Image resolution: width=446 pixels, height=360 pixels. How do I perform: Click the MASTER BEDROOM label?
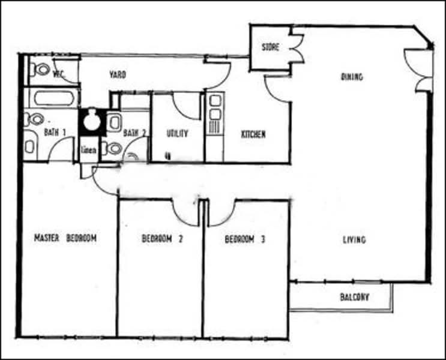tap(65, 238)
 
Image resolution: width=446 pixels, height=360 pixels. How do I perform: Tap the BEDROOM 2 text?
tap(161, 239)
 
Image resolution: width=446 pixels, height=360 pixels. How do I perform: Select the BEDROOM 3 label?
tap(244, 239)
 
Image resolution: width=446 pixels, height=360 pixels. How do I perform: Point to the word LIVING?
tap(354, 240)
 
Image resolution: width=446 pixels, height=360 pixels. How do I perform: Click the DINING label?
tap(352, 77)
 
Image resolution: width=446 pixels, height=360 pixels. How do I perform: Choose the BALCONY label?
tap(354, 297)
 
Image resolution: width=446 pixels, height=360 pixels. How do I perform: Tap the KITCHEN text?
tap(253, 134)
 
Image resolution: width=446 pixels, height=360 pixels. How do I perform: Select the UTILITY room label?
tap(178, 134)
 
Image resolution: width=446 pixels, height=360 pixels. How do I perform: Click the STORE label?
tap(270, 47)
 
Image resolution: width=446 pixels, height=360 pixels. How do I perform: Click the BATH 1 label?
tap(55, 133)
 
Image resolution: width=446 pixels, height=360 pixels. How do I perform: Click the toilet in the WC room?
tap(41, 70)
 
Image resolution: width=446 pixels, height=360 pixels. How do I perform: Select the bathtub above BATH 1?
tap(53, 98)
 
